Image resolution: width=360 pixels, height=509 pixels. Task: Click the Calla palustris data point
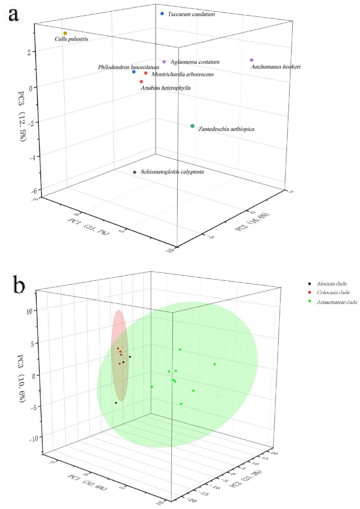[65, 33]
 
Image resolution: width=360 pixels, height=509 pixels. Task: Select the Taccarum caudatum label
[191, 14]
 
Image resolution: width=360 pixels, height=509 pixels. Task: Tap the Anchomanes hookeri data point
[252, 60]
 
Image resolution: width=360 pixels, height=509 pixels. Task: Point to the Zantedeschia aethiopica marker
[193, 126]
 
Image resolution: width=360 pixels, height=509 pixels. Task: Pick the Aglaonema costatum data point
[164, 62]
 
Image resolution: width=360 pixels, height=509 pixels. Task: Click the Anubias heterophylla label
[166, 88]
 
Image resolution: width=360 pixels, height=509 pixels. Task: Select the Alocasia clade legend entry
[325, 283]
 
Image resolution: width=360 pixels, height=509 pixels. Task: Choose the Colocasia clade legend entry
[326, 292]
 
